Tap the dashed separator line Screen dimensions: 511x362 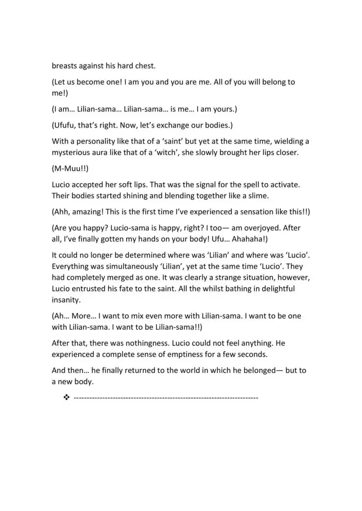[166, 397]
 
